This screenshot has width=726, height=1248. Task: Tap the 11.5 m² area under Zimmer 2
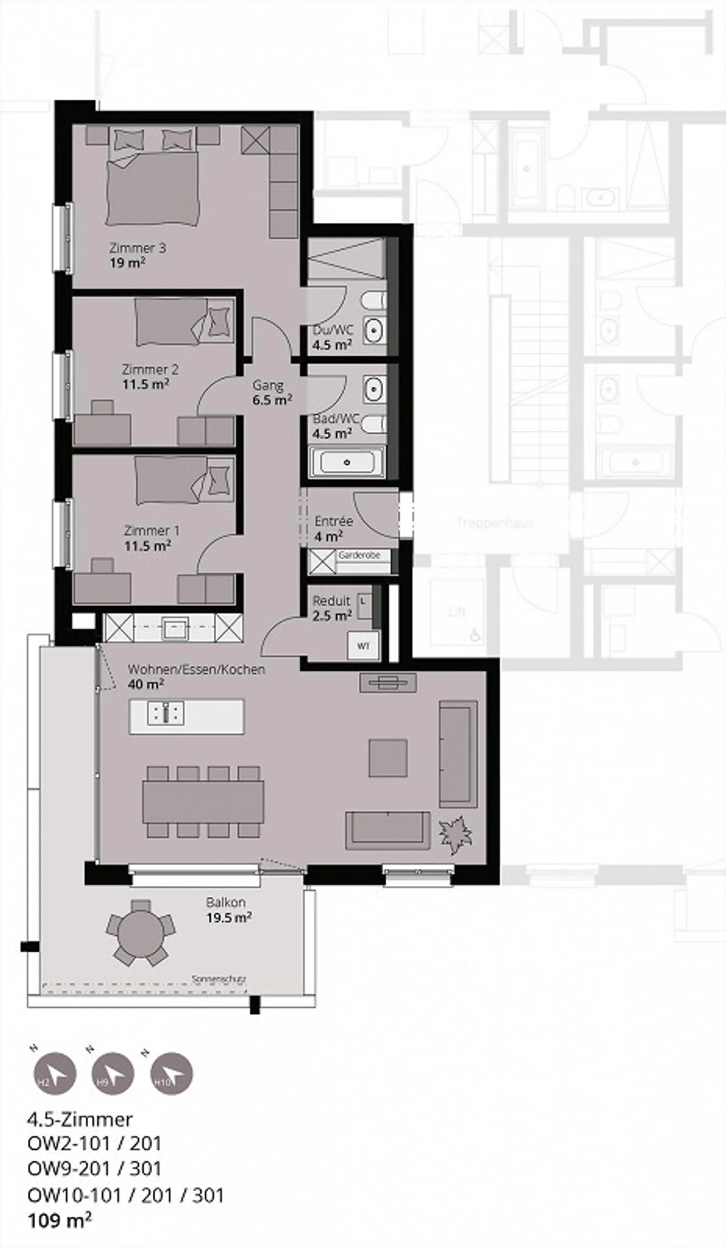(x=145, y=384)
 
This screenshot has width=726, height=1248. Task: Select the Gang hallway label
(x=268, y=385)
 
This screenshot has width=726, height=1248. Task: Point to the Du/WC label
(x=333, y=331)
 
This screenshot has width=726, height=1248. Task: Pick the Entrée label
(x=333, y=521)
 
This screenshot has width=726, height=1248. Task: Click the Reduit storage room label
(x=331, y=601)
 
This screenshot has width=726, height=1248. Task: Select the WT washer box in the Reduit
(x=363, y=645)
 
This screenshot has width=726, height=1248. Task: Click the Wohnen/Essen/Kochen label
(x=196, y=670)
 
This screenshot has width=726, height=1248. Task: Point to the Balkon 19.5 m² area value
(x=228, y=917)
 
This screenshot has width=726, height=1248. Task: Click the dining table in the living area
(x=203, y=803)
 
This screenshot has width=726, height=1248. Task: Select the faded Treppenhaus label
(x=495, y=522)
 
